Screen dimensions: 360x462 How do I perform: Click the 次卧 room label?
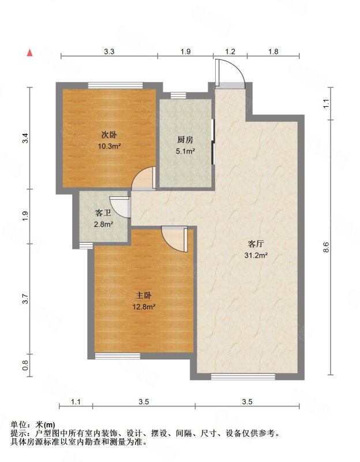coord(109,135)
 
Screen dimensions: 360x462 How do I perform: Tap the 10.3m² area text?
coord(110,146)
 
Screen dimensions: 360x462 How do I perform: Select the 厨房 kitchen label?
coord(185,140)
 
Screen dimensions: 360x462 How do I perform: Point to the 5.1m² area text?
coord(185,151)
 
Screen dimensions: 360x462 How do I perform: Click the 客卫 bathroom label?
coord(103,213)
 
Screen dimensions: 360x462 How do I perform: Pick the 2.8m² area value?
coord(104,224)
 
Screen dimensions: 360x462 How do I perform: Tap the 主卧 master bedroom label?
coord(144,295)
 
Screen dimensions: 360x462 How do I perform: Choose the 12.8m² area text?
coord(144,307)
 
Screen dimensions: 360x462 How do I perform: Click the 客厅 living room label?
coord(256,244)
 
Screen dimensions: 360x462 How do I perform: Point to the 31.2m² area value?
coord(256,255)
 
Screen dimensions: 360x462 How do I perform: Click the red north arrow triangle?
coord(29,53)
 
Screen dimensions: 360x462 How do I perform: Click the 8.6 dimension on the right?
coord(326,247)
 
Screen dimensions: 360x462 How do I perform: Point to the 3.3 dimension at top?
coord(109,51)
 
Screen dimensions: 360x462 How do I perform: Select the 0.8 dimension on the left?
coord(25,366)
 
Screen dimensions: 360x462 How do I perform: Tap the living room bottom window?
coord(243,377)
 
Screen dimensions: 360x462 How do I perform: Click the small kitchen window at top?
coord(178,95)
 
